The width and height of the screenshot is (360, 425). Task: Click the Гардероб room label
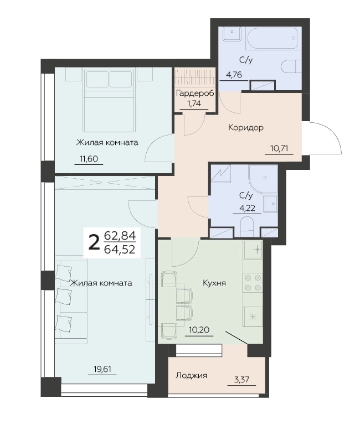pyautogui.click(x=195, y=94)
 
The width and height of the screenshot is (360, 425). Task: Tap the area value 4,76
pyautogui.click(x=234, y=75)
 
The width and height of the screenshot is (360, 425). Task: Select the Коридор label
pyautogui.click(x=246, y=127)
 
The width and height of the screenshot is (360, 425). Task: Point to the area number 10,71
pyautogui.click(x=279, y=148)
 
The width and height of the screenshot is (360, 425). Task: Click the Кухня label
pyautogui.click(x=214, y=283)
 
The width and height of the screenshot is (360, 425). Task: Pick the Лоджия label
pyautogui.click(x=192, y=375)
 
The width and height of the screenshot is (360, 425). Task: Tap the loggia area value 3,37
pyautogui.click(x=241, y=380)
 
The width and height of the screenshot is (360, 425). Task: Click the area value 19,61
pyautogui.click(x=102, y=369)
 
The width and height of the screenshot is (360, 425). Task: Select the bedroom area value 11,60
pyautogui.click(x=89, y=159)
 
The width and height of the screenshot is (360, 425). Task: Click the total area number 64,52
pyautogui.click(x=120, y=250)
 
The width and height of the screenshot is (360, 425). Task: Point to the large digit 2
pyautogui.click(x=94, y=243)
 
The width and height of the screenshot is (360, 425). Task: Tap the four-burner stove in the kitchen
pyautogui.click(x=253, y=282)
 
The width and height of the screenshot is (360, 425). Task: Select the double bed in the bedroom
pyautogui.click(x=110, y=101)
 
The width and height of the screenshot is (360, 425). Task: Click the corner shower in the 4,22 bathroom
pyautogui.click(x=263, y=179)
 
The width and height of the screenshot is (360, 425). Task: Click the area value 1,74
pyautogui.click(x=194, y=103)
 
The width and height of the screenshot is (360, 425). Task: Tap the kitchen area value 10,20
pyautogui.click(x=199, y=330)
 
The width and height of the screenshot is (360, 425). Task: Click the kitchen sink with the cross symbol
pyautogui.click(x=253, y=250)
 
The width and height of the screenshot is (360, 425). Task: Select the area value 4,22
pyautogui.click(x=247, y=208)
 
